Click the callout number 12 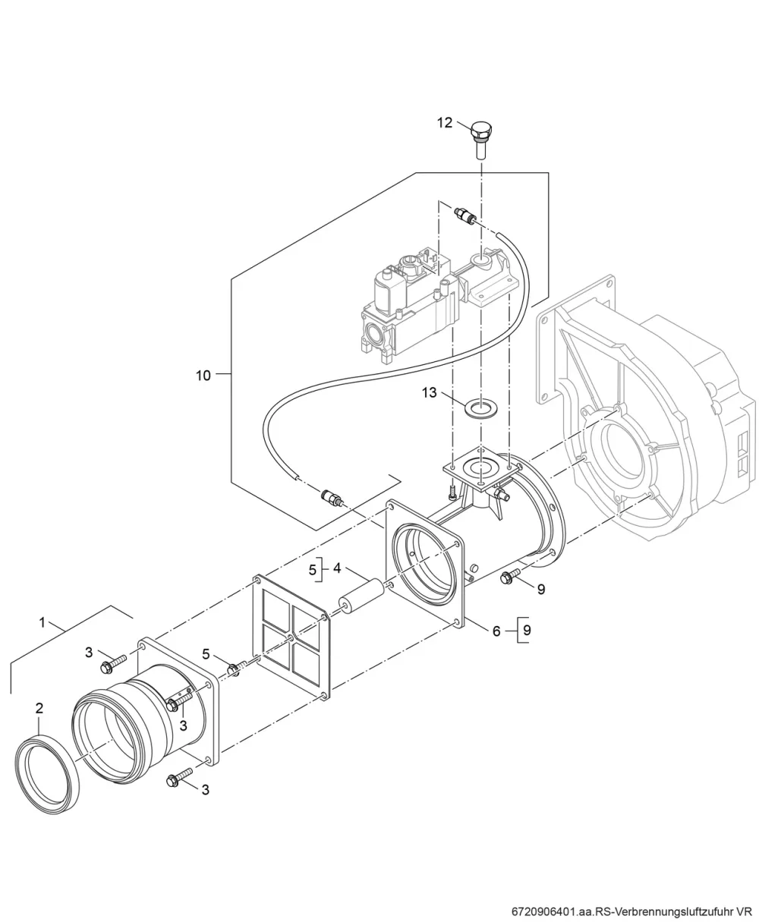pyautogui.click(x=445, y=123)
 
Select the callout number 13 pyautogui.click(x=430, y=392)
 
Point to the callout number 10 pyautogui.click(x=203, y=375)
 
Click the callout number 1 pyautogui.click(x=43, y=622)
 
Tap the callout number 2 pyautogui.click(x=39, y=708)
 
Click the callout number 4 pyautogui.click(x=337, y=568)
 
